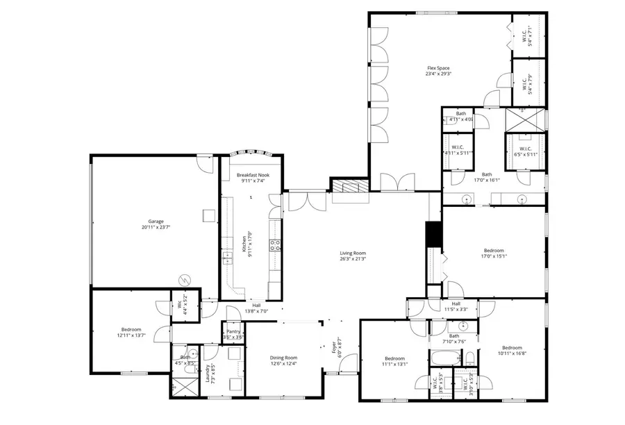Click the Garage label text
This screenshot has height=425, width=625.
[x=156, y=222]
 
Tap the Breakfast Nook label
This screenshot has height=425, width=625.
[x=253, y=175]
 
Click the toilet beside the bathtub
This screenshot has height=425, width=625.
[x=470, y=358]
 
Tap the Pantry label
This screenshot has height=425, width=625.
[x=233, y=332]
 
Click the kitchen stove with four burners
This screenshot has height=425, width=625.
[x=274, y=244]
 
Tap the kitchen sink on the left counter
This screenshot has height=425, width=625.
[x=227, y=258]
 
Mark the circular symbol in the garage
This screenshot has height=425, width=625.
[x=184, y=279]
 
